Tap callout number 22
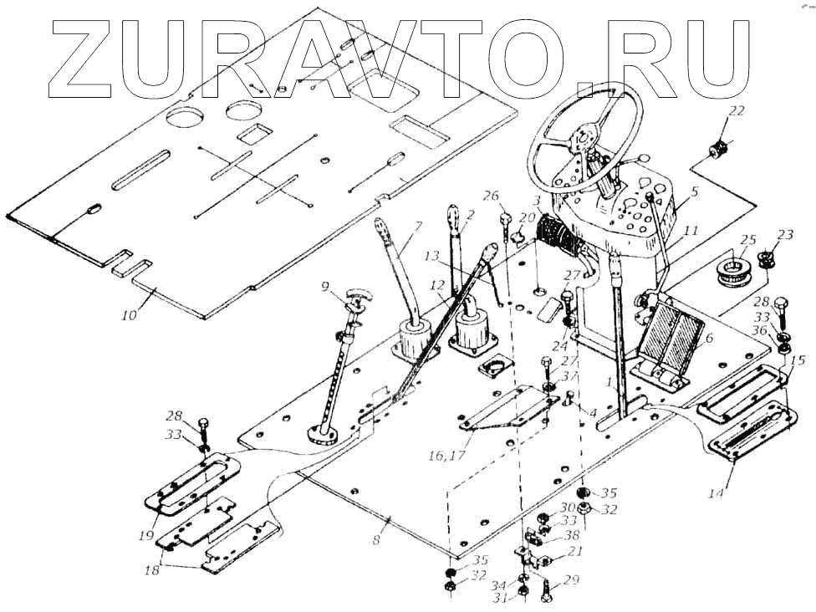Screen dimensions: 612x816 [x=736, y=111]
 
